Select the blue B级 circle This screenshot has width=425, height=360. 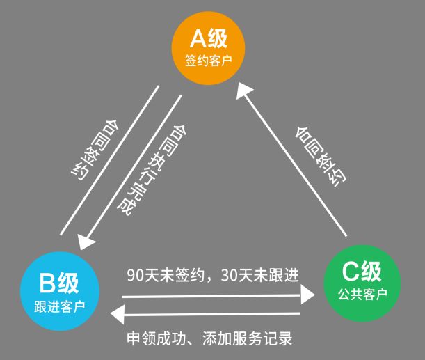click(58, 288)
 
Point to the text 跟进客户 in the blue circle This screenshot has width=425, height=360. click(58, 305)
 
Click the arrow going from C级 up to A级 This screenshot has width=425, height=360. click(292, 159)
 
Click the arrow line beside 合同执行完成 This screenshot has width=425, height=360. click(132, 167)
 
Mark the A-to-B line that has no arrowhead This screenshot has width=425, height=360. click(109, 159)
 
